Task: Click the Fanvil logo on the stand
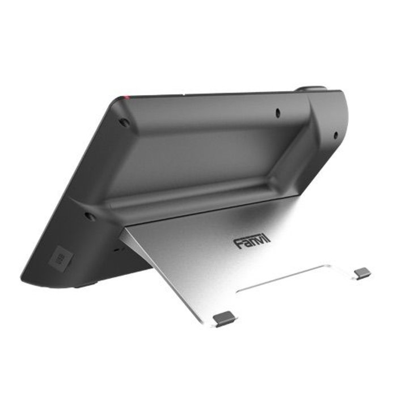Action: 252,242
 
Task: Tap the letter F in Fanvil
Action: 238,244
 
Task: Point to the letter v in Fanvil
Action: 259,242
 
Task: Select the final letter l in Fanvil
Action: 268,239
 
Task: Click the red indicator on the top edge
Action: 128,97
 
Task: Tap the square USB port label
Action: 60,259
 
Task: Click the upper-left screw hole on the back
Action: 124,121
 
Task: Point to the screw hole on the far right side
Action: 335,135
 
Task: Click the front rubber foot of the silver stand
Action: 223,319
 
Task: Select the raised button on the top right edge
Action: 311,89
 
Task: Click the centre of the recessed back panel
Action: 204,153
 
